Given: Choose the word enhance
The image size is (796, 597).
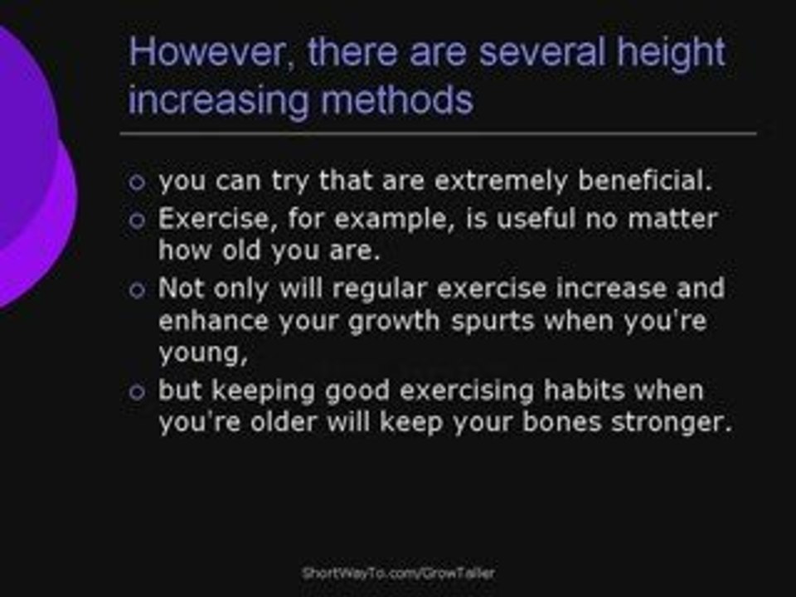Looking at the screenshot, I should click(x=213, y=321).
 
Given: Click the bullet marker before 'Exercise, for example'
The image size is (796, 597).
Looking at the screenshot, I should click(x=137, y=221).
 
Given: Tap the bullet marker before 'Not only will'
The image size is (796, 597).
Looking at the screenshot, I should click(x=137, y=289).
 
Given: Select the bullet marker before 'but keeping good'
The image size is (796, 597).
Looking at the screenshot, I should click(x=137, y=391).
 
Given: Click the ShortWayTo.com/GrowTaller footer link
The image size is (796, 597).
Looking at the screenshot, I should click(x=398, y=573).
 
